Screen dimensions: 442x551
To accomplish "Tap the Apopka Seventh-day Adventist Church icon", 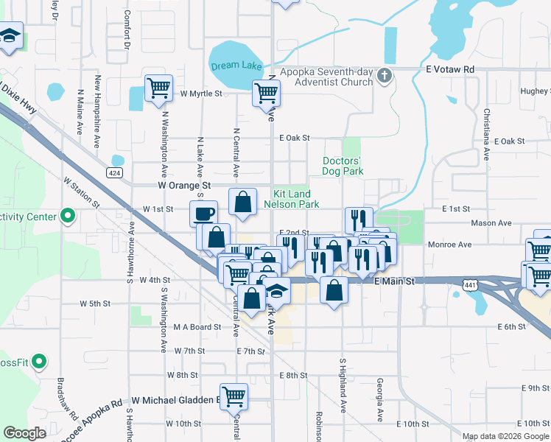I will [x=384, y=75].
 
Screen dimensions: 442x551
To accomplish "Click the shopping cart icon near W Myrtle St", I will [x=159, y=88].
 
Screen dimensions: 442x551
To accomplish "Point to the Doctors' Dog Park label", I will [x=343, y=166].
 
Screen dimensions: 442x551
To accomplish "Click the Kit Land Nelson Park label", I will [x=292, y=199].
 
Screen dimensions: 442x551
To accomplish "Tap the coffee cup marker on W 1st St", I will [x=204, y=214].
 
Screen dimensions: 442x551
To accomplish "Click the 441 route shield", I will [x=470, y=284].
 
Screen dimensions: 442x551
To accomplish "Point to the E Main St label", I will [x=394, y=281].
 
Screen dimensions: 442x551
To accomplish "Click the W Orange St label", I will [x=185, y=186].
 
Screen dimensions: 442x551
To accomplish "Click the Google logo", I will [x=25, y=432].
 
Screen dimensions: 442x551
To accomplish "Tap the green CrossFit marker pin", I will [x=40, y=362].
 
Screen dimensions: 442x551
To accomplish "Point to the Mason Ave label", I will [x=495, y=222].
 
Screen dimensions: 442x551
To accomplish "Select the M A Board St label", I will [x=197, y=327].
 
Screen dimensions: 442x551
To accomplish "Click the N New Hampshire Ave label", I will [x=96, y=111].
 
